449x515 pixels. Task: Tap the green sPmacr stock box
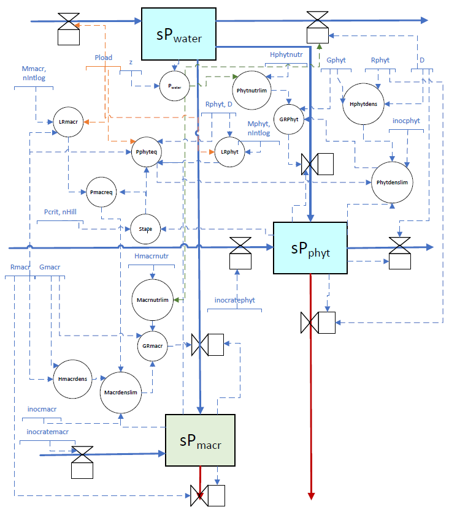200,441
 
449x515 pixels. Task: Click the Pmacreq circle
101,192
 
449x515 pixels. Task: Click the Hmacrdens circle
71,379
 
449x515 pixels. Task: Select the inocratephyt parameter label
234,300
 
